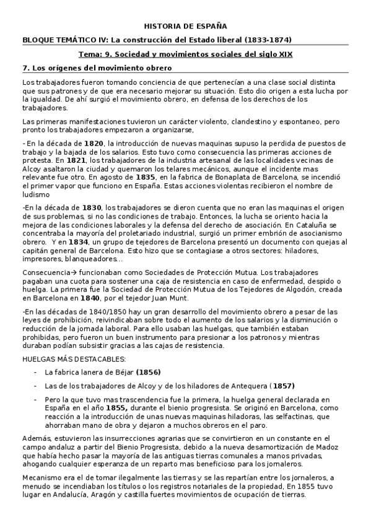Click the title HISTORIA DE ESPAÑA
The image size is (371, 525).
pos(185,27)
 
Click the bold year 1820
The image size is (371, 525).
pos(94,143)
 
